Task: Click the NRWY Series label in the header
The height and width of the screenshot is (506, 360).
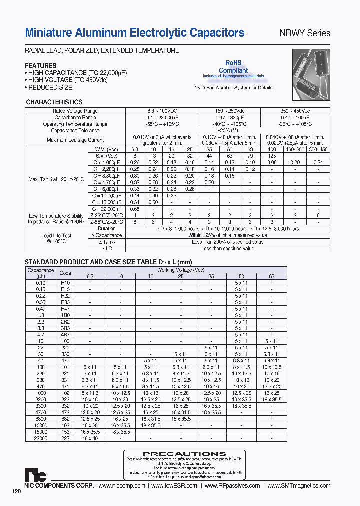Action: [305, 33]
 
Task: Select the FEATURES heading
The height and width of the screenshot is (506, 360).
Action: [41, 66]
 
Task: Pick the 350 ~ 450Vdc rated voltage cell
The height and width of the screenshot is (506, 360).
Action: [302, 111]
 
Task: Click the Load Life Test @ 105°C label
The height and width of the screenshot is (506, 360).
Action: [56, 238]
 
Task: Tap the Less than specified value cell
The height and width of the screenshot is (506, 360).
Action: [227, 248]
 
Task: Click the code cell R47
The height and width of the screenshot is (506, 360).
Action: [65, 309]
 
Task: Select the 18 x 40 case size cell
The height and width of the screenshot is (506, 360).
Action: [90, 438]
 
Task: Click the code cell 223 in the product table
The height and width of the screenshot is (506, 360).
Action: [65, 438]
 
